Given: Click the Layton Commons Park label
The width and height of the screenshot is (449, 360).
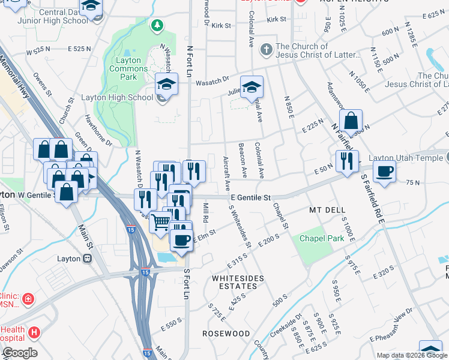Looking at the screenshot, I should pyautogui.click(x=128, y=68).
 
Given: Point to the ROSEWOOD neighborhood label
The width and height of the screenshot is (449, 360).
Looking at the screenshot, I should pyautogui.click(x=226, y=333).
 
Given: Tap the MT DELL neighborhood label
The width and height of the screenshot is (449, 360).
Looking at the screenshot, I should pyautogui.click(x=325, y=211).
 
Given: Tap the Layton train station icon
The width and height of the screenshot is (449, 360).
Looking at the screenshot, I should pyautogui.click(x=88, y=258).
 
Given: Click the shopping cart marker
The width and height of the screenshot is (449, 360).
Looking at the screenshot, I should pyautogui.click(x=160, y=223).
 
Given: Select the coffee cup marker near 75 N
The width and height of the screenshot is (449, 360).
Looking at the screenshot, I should pyautogui.click(x=384, y=171).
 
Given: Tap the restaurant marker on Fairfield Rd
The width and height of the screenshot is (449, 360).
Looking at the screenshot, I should pyautogui.click(x=347, y=161).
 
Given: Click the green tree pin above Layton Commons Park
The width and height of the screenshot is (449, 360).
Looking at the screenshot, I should pyautogui.click(x=157, y=25).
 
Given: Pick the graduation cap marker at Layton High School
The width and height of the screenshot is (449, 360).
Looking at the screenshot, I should pyautogui.click(x=166, y=85).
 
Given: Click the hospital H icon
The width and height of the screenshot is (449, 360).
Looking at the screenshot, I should pyautogui.click(x=35, y=332).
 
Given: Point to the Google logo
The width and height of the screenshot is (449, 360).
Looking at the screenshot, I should pyautogui.click(x=20, y=353).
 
